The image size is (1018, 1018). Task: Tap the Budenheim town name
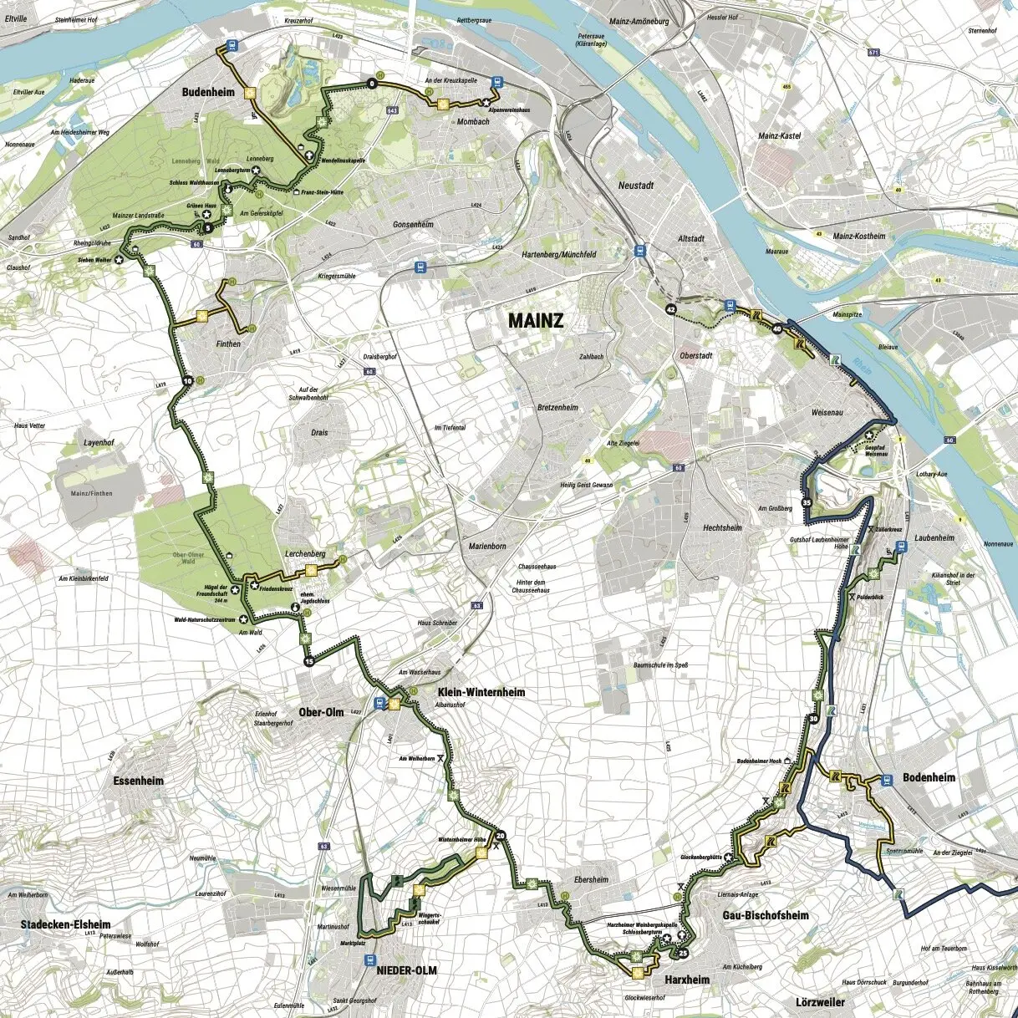tap(208, 93)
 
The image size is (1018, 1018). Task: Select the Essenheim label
tap(138, 781)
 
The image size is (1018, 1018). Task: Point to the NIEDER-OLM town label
tap(407, 970)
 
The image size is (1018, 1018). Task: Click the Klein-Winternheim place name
tap(481, 692)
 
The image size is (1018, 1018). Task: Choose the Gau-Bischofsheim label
tap(766, 915)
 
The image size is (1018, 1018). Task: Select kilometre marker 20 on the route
tap(501, 837)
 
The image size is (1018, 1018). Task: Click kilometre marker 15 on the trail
tap(309, 662)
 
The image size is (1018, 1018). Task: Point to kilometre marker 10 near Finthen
tap(187, 381)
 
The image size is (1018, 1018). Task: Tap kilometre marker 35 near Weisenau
tap(807, 503)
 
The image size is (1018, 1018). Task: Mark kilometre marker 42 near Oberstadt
tap(670, 309)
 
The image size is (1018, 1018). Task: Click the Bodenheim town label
tap(929, 777)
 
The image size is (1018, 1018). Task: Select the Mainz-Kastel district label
tap(779, 135)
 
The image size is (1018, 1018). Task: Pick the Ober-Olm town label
tap(321, 712)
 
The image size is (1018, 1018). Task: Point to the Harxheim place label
tap(687, 979)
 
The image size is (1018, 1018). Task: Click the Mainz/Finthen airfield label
tap(91, 493)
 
